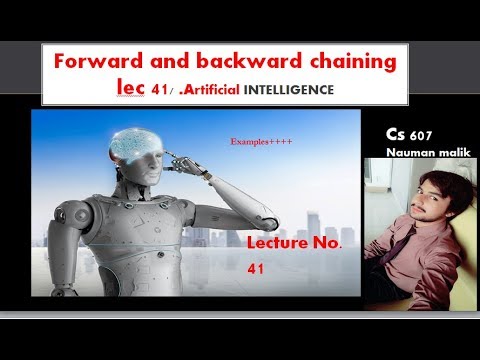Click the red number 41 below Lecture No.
click(x=254, y=268)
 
